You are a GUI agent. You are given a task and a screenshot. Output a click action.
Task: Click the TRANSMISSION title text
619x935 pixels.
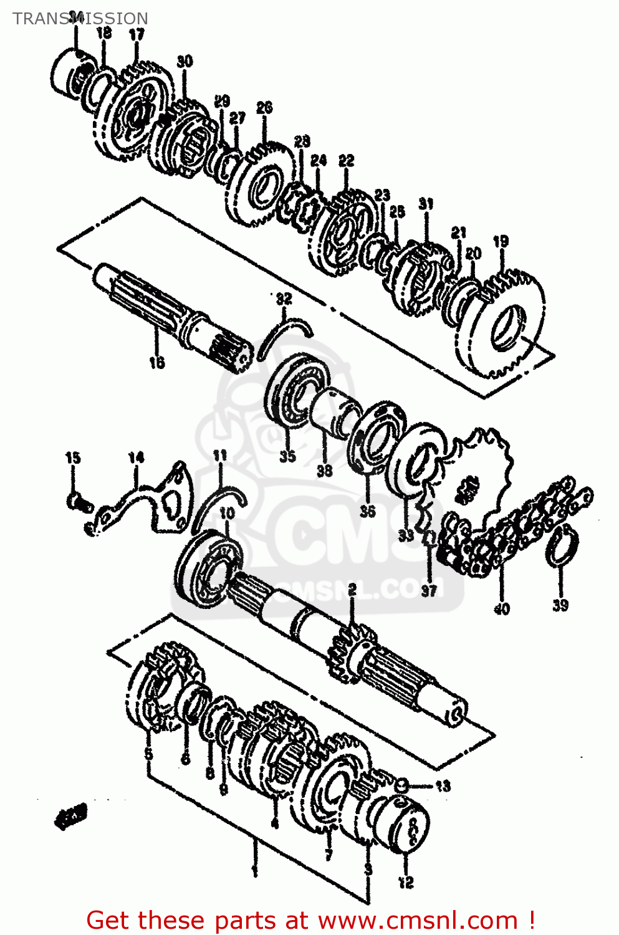point(80,19)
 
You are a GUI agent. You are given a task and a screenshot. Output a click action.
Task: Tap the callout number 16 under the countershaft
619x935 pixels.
point(156,362)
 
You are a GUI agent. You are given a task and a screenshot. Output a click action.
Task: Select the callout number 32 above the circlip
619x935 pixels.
point(284,299)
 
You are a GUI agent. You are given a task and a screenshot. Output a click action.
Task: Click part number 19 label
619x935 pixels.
point(501,241)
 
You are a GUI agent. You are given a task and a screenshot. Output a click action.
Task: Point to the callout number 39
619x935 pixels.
point(560,605)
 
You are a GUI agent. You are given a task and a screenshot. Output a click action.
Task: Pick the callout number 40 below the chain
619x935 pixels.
point(502,608)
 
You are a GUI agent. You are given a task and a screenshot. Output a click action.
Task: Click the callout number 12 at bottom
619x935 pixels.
point(406,882)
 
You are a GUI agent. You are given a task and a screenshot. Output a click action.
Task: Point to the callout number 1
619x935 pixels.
point(254,871)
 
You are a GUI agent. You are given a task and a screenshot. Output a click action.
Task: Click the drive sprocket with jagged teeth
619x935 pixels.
point(480,474)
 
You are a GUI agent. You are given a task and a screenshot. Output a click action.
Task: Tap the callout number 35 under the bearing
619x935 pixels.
point(287,456)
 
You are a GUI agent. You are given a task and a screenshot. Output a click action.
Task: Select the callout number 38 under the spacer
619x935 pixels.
point(324,471)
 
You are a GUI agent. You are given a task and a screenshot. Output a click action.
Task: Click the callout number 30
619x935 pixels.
point(185,61)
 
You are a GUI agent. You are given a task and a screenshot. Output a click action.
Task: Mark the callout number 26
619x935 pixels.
point(264,107)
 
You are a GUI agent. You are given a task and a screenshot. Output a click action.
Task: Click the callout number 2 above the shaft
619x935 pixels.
point(352,589)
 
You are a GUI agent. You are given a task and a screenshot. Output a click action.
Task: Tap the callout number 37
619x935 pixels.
point(429,590)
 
